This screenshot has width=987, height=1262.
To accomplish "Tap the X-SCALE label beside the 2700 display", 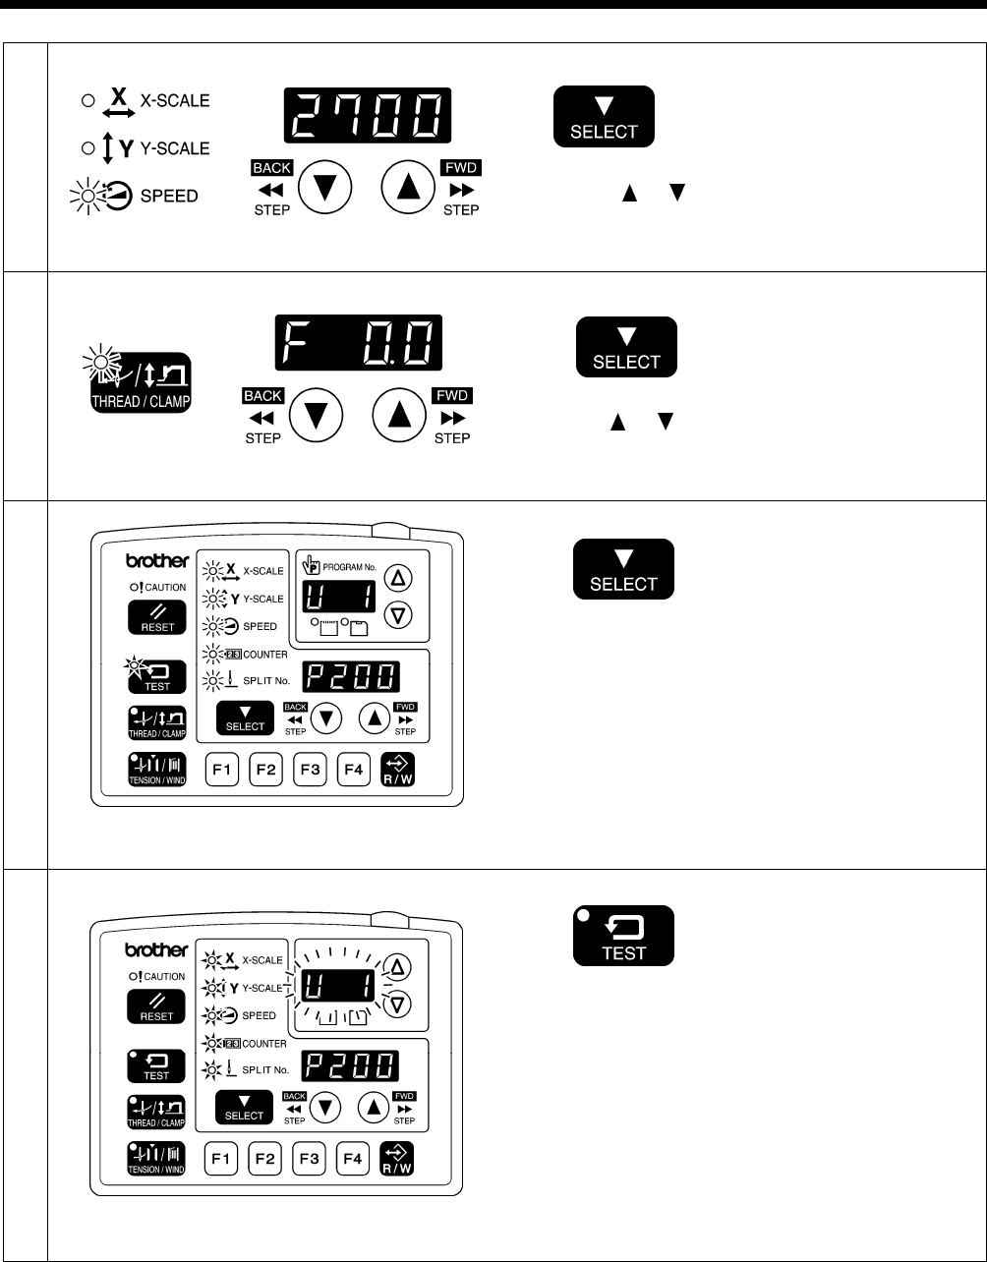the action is tap(176, 100).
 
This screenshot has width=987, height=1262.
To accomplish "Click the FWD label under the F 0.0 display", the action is tap(452, 396).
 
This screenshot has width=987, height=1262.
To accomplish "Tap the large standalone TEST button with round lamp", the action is tap(624, 935).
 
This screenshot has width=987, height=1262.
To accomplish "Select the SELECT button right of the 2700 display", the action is tap(604, 117).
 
